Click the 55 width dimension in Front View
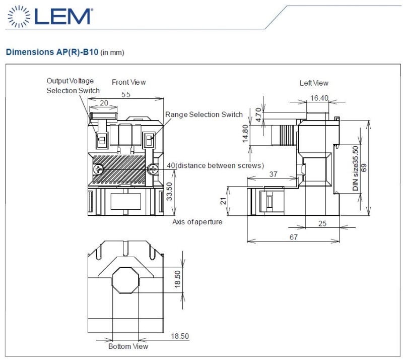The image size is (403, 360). click(x=126, y=94)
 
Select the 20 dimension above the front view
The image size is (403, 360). click(x=104, y=103)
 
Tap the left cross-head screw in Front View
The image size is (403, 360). click(x=98, y=169)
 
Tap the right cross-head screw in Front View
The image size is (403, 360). click(x=153, y=169)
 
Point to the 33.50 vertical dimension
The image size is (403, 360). click(x=169, y=191)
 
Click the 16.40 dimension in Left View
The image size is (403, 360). click(x=319, y=98)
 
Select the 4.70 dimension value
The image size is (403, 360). click(x=258, y=115)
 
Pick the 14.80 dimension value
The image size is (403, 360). click(x=245, y=134)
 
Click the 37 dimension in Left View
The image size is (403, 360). click(x=273, y=174)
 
